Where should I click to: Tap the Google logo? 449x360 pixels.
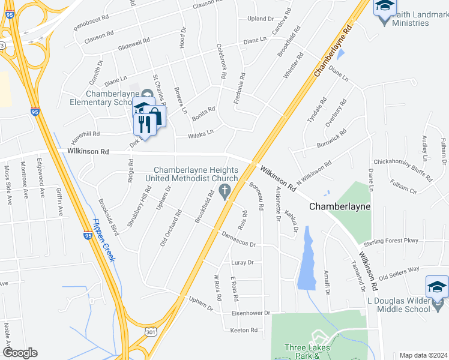point(20,353)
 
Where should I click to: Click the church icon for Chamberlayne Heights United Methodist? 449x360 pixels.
point(225,192)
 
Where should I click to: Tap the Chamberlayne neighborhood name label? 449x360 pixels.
point(340,206)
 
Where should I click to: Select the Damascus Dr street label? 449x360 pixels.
point(238,240)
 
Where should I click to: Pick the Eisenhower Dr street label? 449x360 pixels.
point(252,313)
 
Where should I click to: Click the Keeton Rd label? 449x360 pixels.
point(244,331)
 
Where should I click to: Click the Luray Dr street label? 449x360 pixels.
point(243,263)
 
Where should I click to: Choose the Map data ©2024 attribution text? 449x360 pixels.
point(423,355)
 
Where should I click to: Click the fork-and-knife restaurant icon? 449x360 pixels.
point(143,124)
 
